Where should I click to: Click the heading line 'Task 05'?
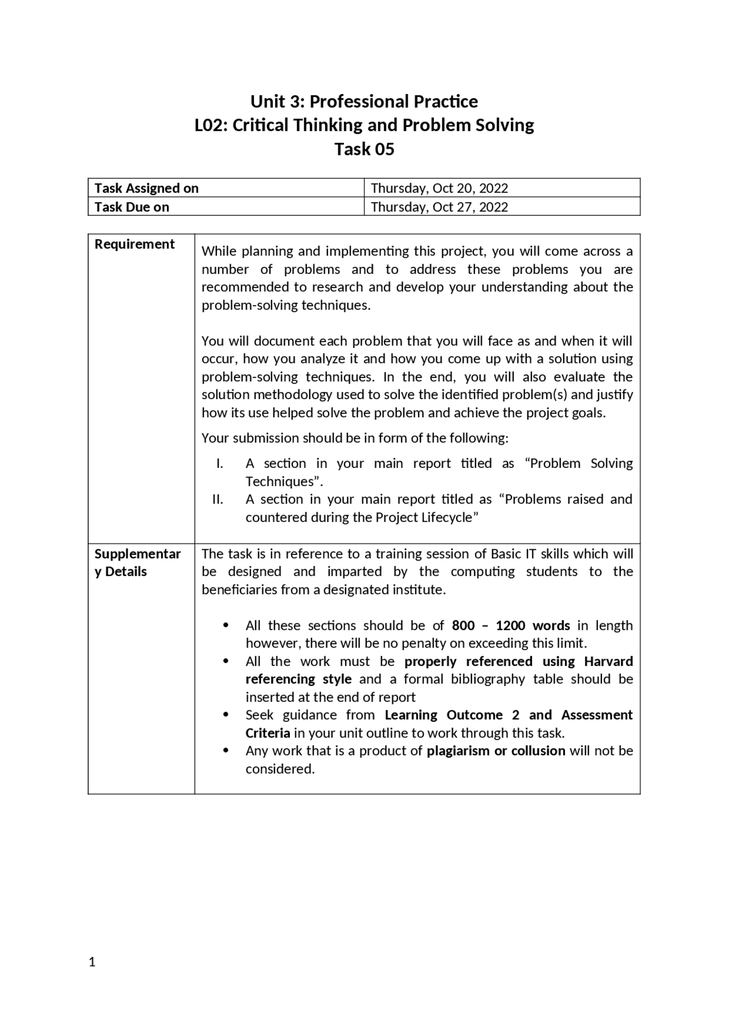tap(364, 149)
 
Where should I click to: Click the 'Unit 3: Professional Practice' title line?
tap(364, 101)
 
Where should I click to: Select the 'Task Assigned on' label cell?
tap(146, 188)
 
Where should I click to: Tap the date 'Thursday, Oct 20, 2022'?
tap(439, 188)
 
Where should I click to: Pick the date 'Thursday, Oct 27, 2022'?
tap(439, 207)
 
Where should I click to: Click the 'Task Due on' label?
tap(132, 207)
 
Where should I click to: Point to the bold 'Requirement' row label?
tap(134, 244)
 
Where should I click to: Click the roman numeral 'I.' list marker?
tap(219, 463)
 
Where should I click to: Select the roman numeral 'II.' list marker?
tap(218, 499)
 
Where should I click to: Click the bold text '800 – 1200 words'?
tap(510, 625)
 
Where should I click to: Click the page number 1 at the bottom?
tap(92, 962)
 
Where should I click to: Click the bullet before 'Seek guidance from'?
tap(226, 714)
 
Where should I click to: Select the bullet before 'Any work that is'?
tap(226, 750)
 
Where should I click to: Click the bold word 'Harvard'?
tap(608, 661)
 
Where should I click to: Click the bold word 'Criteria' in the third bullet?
tap(268, 733)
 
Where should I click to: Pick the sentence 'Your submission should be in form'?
tap(354, 438)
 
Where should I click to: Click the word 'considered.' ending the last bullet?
tap(280, 769)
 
